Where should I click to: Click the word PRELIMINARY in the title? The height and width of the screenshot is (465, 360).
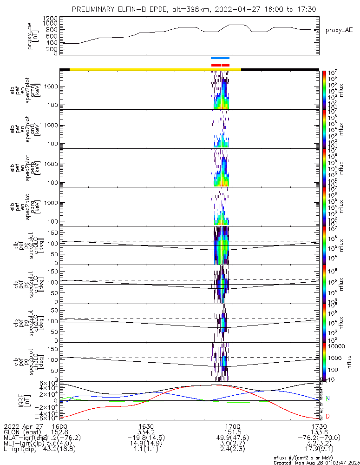tap(96, 9)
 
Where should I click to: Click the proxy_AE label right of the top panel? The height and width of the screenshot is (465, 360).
tap(339, 31)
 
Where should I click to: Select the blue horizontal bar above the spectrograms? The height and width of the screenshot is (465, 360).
tap(220, 58)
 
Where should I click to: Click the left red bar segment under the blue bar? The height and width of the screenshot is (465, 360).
tap(216, 65)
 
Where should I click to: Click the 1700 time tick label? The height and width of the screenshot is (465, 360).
tap(232, 426)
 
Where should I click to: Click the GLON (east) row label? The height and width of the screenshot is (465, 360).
tap(22, 432)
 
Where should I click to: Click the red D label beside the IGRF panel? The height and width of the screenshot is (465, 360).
tap(327, 415)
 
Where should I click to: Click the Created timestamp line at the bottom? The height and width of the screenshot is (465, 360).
tap(316, 462)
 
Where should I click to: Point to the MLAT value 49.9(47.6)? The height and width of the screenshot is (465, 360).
tap(232, 438)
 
